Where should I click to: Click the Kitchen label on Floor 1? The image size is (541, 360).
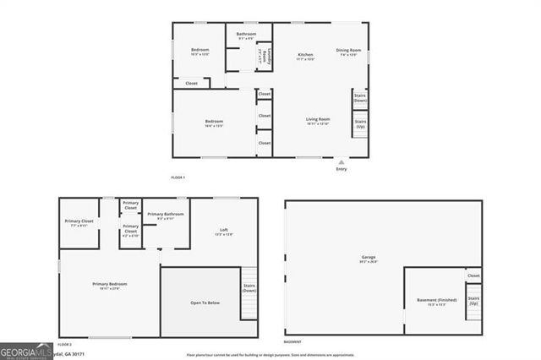305,56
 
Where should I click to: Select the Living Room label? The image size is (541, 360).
317,121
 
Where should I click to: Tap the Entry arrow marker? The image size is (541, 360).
342,161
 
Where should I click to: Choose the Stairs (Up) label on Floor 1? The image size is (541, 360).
360,123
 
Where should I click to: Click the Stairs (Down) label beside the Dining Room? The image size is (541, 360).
360,99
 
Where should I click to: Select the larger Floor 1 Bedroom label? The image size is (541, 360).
214,123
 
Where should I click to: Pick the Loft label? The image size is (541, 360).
224,232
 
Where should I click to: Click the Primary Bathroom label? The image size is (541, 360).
165,215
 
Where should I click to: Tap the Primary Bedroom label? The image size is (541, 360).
109,286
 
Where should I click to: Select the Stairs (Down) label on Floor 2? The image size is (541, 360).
249,288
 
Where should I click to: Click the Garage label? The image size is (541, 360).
369,259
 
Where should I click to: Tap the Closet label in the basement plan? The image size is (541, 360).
473,275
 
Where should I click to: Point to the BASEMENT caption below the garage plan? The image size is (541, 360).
292,342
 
